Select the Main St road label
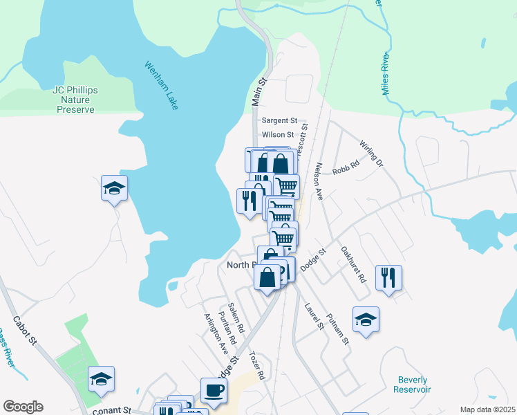pos(259,92)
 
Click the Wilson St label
pos(278,135)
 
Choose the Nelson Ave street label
pos(319,182)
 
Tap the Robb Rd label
pos(346,167)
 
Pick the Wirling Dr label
pos(371,154)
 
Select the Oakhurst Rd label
pos(353,266)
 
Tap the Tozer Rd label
pos(257,365)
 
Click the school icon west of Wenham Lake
pos(114,188)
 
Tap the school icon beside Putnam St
pos(366,319)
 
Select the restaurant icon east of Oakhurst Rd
pos(388,277)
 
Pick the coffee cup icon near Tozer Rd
pos(214,390)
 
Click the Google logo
pos(23,407)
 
